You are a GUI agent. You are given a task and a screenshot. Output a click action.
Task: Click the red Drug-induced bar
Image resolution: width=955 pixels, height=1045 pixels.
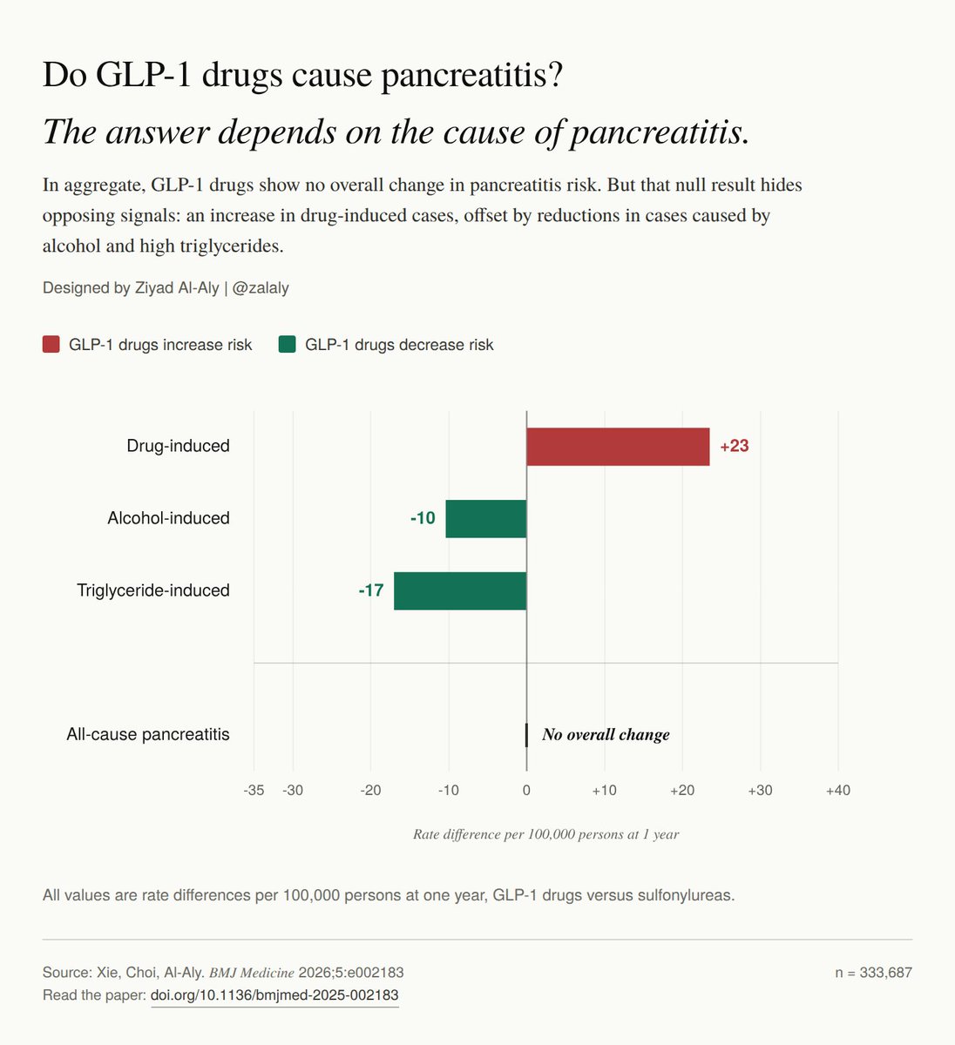coord(618,447)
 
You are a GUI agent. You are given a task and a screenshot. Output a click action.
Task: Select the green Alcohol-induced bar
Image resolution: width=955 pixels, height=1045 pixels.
coord(486,518)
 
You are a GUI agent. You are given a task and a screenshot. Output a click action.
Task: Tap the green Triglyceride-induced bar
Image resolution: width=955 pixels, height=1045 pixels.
coord(460,590)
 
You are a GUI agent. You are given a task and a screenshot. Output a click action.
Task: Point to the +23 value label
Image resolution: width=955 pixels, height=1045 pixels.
coord(734,446)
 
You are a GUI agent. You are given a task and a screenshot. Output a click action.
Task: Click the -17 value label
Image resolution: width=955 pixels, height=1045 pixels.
coord(370,590)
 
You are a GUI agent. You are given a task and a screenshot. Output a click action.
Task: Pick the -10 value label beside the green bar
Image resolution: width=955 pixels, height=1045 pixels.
coord(423,518)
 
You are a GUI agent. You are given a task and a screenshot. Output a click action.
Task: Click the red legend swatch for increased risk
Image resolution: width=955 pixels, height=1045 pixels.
coord(51,344)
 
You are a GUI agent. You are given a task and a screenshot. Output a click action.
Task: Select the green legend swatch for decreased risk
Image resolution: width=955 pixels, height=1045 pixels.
coord(288,344)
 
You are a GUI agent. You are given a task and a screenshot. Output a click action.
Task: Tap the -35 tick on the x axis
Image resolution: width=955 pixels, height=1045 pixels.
coord(254,790)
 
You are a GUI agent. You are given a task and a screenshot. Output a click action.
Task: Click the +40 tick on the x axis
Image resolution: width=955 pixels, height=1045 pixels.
coord(838,790)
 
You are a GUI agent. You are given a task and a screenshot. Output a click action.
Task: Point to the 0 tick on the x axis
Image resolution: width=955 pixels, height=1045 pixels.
coord(526,790)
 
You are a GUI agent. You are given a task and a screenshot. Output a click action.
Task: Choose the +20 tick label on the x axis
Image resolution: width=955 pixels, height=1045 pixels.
coord(682,790)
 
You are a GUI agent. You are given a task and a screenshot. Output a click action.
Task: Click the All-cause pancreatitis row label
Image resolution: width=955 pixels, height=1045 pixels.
coord(148,734)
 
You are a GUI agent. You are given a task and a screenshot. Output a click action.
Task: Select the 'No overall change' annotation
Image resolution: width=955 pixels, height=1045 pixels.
coord(606,734)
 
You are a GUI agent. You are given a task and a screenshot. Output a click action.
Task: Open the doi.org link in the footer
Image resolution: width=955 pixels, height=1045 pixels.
coord(274,995)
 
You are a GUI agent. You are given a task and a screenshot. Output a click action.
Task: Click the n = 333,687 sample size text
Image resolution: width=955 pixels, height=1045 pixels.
coord(874,973)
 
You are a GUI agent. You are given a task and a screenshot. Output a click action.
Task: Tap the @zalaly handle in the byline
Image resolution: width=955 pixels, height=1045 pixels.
coord(261,288)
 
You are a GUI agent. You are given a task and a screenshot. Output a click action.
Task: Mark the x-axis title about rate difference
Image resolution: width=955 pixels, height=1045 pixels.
coord(545,834)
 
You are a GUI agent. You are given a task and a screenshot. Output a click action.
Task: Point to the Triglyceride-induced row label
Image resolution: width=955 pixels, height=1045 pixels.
coord(153,590)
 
